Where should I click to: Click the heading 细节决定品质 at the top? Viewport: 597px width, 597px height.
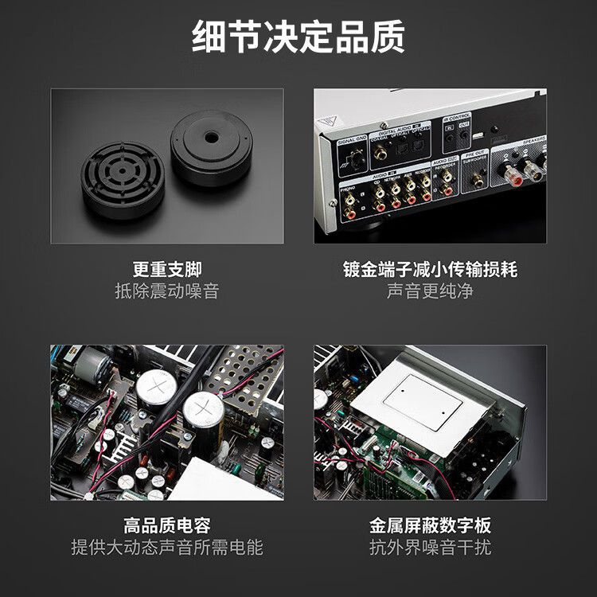[298, 37]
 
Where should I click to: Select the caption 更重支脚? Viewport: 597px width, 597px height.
[167, 269]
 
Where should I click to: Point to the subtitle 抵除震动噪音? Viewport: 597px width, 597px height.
[167, 291]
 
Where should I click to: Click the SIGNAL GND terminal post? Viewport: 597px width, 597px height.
[356, 163]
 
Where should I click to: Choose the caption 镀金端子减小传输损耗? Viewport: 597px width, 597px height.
[431, 269]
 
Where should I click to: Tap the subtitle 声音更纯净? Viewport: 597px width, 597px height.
[431, 291]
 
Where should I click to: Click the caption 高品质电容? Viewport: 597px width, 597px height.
[167, 525]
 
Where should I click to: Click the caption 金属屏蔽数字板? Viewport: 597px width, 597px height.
[431, 525]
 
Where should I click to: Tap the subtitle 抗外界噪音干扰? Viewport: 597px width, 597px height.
[431, 548]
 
